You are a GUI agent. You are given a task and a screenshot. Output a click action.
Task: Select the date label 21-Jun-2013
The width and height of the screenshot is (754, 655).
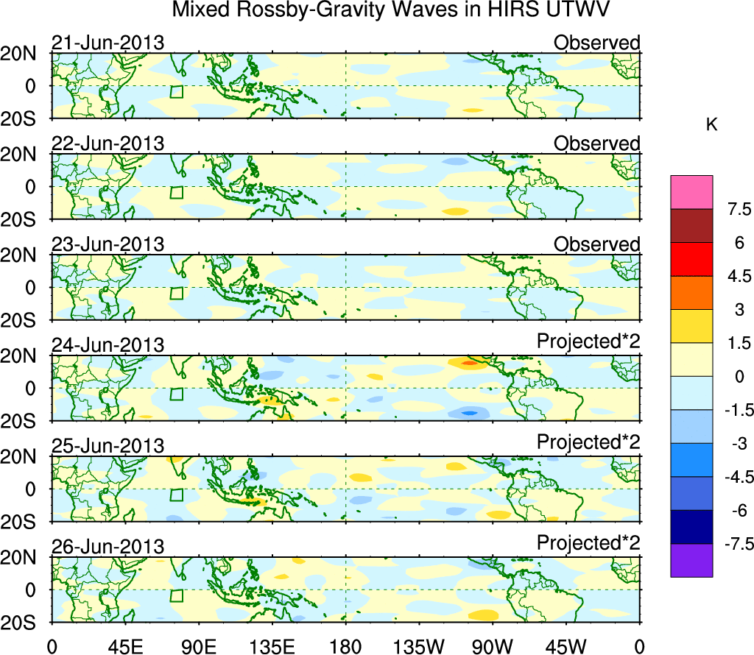coord(108,43)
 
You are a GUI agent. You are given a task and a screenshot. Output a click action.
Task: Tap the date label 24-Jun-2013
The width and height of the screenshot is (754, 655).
coord(108,345)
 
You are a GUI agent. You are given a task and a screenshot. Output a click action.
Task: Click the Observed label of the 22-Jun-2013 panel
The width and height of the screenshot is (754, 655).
coord(596,144)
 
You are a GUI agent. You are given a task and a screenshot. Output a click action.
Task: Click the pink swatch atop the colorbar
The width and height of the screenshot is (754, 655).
coord(691,192)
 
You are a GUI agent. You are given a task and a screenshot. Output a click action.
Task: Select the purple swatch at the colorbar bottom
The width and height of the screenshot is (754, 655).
coord(691,560)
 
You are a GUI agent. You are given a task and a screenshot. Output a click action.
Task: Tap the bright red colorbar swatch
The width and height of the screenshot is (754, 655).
coord(691,259)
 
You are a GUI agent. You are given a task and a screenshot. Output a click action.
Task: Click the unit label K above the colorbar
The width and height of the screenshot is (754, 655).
coord(712,125)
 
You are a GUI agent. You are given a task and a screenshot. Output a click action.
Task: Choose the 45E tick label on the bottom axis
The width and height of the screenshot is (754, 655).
coord(125,645)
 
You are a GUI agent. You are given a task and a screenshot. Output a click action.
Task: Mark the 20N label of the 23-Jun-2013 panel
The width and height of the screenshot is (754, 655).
coord(24,255)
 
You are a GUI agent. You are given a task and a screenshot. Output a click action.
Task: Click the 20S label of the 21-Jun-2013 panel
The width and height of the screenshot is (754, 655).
coord(24,118)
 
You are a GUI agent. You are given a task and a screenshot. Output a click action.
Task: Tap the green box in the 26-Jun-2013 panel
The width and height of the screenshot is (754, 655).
coord(176,597)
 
